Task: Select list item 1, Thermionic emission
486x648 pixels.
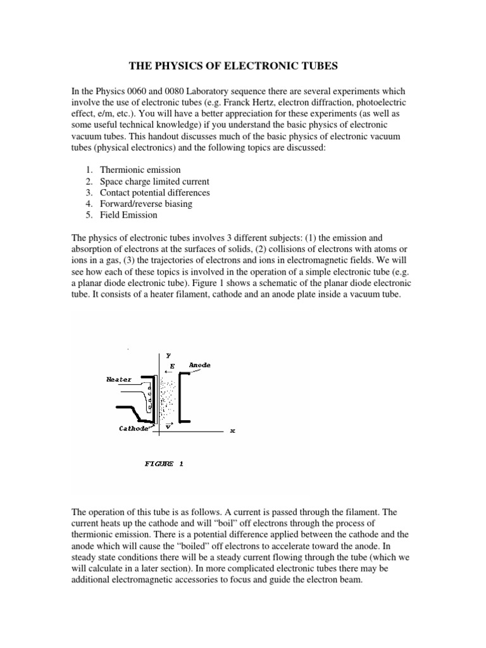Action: (140, 170)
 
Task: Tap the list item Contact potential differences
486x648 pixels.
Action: (155, 192)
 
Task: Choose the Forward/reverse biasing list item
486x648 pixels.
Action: (146, 204)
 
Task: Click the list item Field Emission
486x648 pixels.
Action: (128, 215)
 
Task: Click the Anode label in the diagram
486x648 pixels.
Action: (199, 365)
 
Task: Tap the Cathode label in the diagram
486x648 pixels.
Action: (134, 428)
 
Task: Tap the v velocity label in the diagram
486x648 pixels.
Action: (168, 426)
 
